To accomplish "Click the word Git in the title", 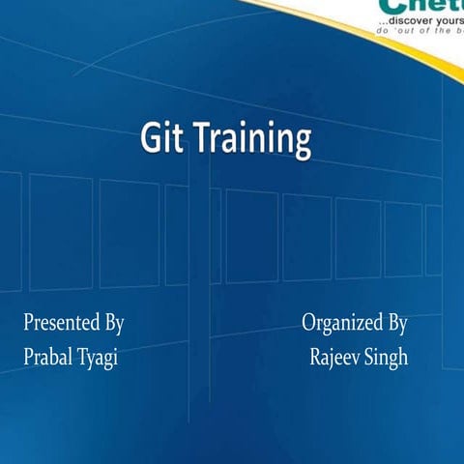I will (162, 138).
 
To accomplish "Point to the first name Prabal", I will (48, 358).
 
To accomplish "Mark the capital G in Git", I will (150, 138).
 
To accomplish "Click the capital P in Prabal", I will (28, 358).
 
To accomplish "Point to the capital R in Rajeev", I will (316, 358).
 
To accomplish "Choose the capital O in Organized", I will (309, 323).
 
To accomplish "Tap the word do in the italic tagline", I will (383, 31).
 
